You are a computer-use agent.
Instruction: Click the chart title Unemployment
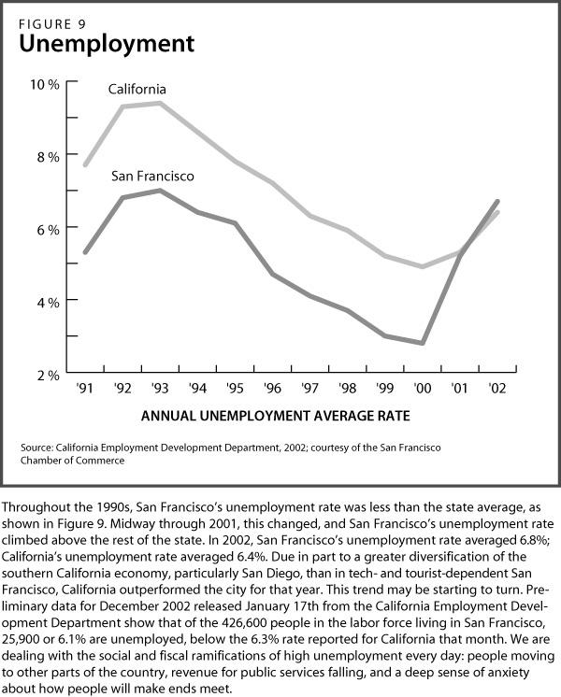(x=107, y=45)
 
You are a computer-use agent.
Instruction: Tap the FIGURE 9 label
(x=52, y=24)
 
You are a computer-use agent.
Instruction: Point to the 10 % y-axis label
(x=45, y=84)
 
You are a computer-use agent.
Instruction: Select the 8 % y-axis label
(x=48, y=157)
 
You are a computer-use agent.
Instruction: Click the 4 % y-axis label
(x=48, y=303)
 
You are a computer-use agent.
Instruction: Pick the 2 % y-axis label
(x=48, y=376)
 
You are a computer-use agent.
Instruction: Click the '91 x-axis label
(x=84, y=388)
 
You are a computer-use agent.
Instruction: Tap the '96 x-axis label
(x=272, y=388)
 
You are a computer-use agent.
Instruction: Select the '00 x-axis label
(x=423, y=388)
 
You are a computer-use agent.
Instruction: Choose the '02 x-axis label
(x=496, y=388)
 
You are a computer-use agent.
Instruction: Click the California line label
(x=137, y=90)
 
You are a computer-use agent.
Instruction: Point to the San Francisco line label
(x=152, y=177)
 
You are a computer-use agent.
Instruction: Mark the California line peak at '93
(x=160, y=103)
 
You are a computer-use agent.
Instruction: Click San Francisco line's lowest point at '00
(x=423, y=343)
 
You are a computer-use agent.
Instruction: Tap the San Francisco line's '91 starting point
(x=85, y=252)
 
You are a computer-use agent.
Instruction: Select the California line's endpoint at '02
(x=496, y=212)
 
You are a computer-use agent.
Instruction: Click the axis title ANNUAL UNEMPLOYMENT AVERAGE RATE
(x=276, y=416)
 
